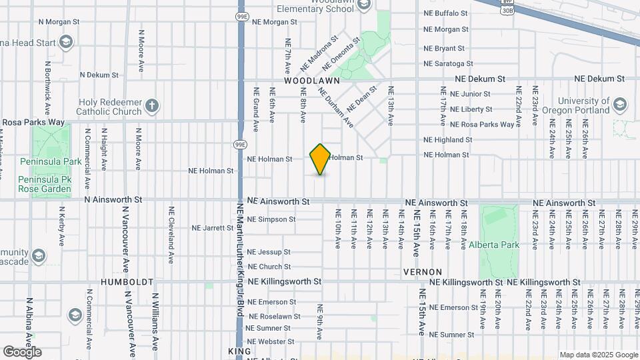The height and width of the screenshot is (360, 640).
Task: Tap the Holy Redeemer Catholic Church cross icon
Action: tap(153, 105)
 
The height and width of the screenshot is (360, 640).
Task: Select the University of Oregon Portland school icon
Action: tap(620, 105)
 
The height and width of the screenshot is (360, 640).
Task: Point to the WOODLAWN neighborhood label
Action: tap(312, 80)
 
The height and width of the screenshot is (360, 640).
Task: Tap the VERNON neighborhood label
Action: tap(423, 272)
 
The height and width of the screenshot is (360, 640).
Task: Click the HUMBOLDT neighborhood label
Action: tap(127, 282)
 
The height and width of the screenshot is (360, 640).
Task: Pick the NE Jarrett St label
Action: tap(212, 228)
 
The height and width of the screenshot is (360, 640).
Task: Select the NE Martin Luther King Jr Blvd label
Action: tap(240, 267)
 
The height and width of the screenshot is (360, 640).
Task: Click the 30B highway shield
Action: tap(507, 10)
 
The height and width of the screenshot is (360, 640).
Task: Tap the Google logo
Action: tap(22, 351)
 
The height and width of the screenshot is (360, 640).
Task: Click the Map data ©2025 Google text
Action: tap(598, 355)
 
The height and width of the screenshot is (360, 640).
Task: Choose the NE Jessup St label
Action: tap(269, 252)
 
